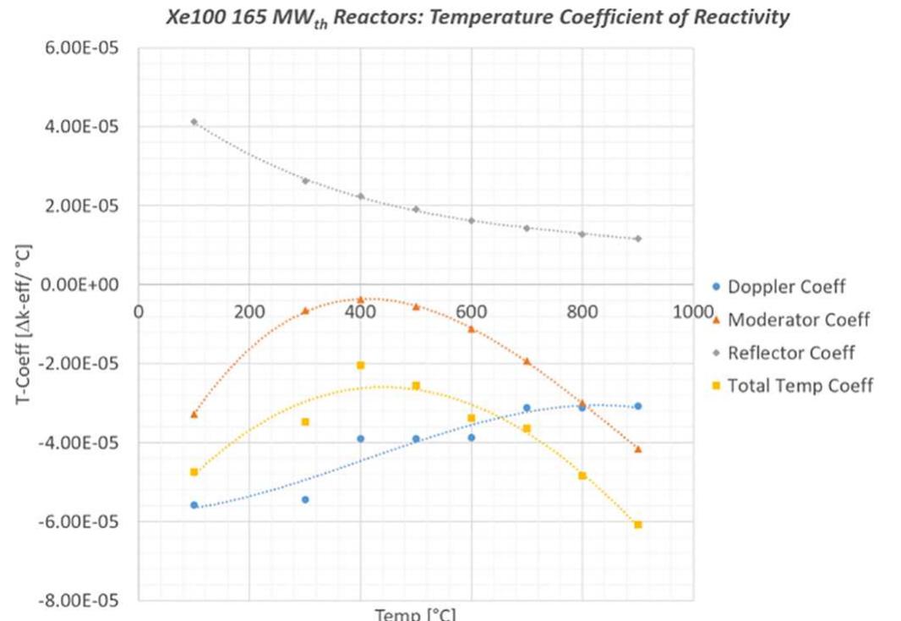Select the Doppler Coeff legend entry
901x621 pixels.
[x=785, y=287]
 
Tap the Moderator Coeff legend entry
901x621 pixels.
[x=797, y=320]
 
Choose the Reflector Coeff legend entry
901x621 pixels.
[x=790, y=353]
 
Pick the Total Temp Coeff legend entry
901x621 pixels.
[x=799, y=386]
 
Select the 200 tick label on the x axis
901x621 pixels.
[x=249, y=311]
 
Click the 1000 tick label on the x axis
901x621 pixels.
[x=693, y=311]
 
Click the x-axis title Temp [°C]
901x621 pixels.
[x=415, y=614]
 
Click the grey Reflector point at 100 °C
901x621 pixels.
[x=194, y=122]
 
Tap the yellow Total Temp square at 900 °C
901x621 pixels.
[x=638, y=525]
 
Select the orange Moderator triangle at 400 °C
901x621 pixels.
[x=360, y=300]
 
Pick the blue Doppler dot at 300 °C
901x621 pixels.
[x=305, y=500]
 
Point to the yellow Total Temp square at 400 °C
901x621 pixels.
[x=360, y=365]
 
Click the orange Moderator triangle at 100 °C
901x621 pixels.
[x=194, y=414]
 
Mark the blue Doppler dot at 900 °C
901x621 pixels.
[x=638, y=406]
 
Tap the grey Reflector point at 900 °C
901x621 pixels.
[x=638, y=239]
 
